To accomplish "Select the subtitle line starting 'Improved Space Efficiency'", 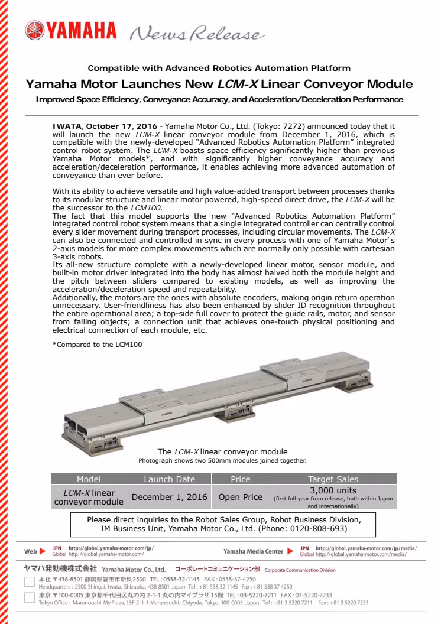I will [x=219, y=99].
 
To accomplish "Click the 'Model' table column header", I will [x=89, y=479].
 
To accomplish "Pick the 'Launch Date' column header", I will [x=169, y=479].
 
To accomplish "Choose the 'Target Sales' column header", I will [x=333, y=479].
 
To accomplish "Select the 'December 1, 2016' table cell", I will [x=169, y=497].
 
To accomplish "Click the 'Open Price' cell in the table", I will [x=240, y=497].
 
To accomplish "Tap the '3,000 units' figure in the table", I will [x=333, y=490].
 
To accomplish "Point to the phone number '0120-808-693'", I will [x=318, y=528].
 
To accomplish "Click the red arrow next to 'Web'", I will [x=43, y=551].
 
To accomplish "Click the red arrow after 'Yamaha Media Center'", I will [x=290, y=551].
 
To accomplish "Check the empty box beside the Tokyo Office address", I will [x=29, y=599].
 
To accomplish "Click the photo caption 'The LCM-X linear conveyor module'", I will [x=222, y=451].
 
